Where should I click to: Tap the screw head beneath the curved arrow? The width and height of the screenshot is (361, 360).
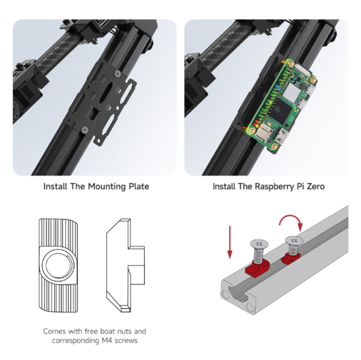(x=293, y=240)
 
